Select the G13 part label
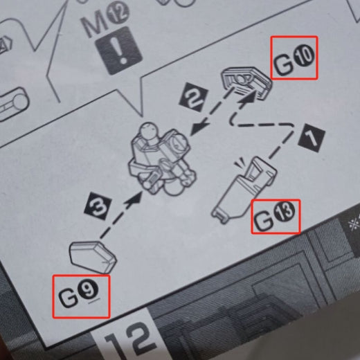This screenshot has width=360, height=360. tap(275, 217)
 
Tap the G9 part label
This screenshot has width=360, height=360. tap(79, 296)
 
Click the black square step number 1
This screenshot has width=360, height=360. tap(312, 138)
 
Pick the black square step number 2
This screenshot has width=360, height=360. tap(194, 97)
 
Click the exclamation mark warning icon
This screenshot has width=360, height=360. tap(118, 51)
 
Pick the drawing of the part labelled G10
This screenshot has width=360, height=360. tap(246, 83)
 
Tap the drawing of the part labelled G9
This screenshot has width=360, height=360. tap(93, 257)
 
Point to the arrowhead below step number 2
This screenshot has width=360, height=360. tap(199, 128)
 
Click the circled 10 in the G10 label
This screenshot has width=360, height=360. tap(305, 55)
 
